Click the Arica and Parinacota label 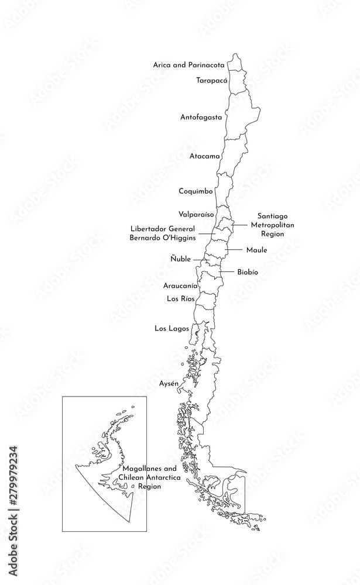point(188,64)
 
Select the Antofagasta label point(201,117)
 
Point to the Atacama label point(205,156)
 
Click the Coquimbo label point(196,191)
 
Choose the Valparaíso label point(196,215)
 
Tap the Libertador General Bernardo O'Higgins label point(162,233)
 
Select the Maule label point(256,250)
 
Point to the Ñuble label point(180,259)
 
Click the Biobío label point(248,273)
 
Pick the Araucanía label point(180,287)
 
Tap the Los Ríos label point(180,299)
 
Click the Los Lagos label point(172,329)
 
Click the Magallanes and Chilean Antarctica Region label point(149,477)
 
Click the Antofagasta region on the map point(240,117)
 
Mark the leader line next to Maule point(235,250)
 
